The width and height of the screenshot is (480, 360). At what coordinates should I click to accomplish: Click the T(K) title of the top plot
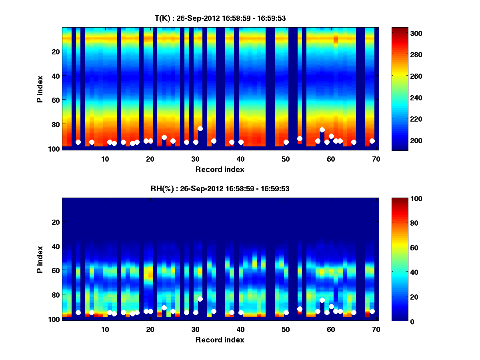click(x=220, y=18)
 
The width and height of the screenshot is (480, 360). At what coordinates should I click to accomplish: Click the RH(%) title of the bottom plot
click(x=220, y=188)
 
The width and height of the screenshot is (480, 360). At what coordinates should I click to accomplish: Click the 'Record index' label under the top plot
click(x=220, y=169)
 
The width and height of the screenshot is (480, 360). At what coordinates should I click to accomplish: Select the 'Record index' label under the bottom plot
click(x=220, y=340)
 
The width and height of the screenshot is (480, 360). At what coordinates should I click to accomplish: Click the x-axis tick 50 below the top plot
click(x=286, y=159)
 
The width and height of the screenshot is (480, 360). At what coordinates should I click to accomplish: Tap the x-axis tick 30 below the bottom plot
click(x=195, y=329)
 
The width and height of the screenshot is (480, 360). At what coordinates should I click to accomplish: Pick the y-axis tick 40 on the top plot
click(x=56, y=76)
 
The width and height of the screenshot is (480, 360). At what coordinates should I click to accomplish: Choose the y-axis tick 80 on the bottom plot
click(x=56, y=294)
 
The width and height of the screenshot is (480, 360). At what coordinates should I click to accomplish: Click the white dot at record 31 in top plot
click(x=200, y=128)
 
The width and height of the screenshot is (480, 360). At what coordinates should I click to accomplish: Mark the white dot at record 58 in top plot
click(x=322, y=130)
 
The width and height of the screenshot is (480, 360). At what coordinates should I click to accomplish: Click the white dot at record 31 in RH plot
click(x=200, y=299)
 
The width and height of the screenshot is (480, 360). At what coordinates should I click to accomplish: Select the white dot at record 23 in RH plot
click(x=164, y=308)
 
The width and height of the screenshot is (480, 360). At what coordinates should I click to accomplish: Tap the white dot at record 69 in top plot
click(x=372, y=141)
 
